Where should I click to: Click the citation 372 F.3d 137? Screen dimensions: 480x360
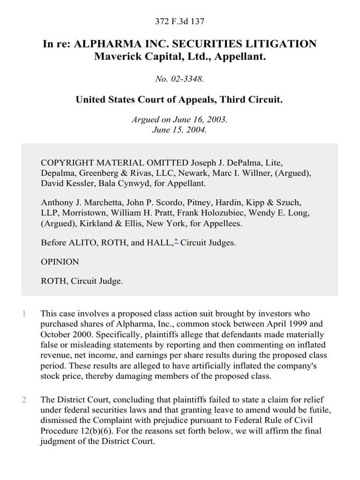(180, 21)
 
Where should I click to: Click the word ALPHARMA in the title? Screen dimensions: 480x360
(110, 44)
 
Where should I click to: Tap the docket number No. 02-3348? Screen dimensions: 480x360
(180, 79)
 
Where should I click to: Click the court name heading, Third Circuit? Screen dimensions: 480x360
(180, 100)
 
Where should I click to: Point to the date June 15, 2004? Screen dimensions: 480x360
(180, 129)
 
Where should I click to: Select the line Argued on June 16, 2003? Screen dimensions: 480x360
(180, 120)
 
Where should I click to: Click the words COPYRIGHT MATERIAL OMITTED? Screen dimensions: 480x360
(115, 163)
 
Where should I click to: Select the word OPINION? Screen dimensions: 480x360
(60, 262)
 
